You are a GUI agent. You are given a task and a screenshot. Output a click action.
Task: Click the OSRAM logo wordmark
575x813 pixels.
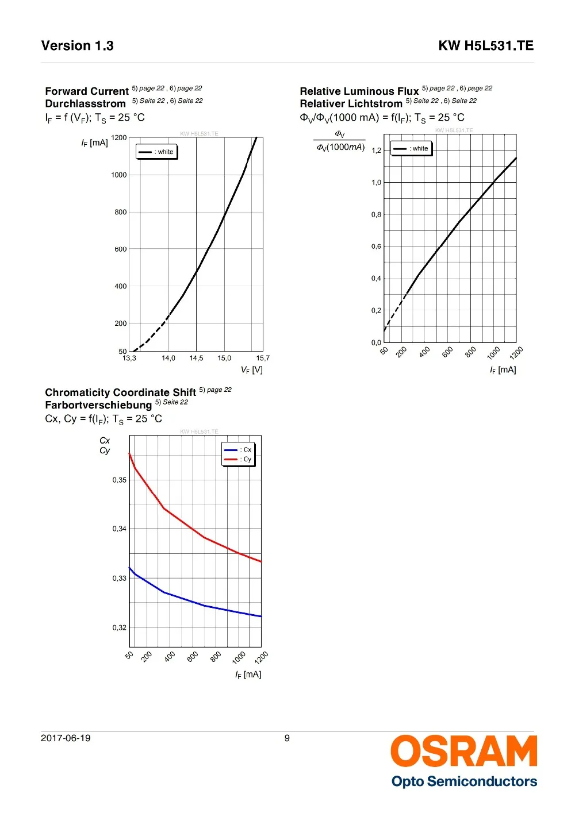pos(463,751)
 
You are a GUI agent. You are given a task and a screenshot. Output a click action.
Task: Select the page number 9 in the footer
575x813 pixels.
pos(287,738)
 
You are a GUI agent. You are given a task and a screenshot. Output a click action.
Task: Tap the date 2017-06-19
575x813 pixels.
pos(66,738)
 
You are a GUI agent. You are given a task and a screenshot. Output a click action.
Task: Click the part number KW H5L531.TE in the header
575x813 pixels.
pos(486,46)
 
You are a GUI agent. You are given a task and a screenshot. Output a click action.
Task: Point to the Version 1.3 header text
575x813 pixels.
pos(78,46)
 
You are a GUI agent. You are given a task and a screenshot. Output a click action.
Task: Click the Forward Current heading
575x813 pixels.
pos(87,91)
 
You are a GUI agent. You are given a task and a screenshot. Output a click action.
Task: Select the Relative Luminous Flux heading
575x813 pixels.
pos(359,91)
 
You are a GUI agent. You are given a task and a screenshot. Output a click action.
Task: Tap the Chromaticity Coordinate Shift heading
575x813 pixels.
pos(121,392)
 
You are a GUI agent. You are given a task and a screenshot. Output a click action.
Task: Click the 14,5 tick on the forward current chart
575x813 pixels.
pos(196,359)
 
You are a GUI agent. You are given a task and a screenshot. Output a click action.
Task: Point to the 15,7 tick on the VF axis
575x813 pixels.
pos(263,359)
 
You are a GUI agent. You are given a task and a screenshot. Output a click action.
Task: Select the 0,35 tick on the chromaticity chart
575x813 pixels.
pos(120,480)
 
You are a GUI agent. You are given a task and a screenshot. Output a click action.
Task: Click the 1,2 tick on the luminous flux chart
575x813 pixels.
pos(376,151)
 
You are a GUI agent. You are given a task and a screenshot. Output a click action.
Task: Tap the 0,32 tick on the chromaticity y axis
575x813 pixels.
pos(120,627)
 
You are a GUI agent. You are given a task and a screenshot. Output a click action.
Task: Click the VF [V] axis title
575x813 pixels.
pos(252,370)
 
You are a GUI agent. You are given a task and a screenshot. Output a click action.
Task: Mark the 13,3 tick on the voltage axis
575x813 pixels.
pos(129,359)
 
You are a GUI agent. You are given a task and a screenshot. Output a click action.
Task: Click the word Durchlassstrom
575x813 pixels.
pos(85,104)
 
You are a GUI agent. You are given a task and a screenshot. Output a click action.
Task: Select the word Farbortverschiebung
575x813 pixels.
pos(98,405)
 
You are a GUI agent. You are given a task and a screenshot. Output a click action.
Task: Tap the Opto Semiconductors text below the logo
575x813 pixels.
pos(464,781)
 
